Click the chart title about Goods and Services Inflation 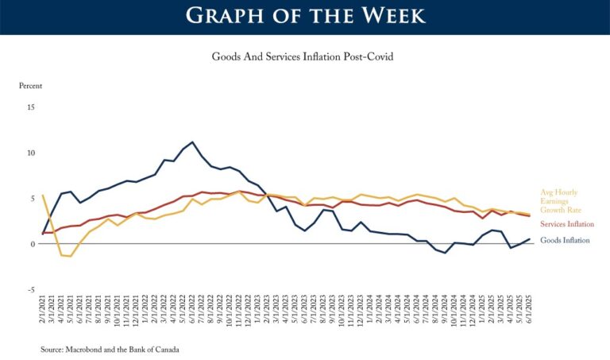coord(304,57)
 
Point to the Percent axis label coord(30,85)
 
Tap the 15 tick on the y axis coord(31,106)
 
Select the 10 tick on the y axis coord(31,153)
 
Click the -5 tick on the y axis coord(31,289)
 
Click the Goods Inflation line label coord(565,240)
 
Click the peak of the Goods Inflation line coord(192,142)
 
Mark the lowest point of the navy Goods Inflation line coord(446,253)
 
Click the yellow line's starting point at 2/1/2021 coord(43,195)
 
